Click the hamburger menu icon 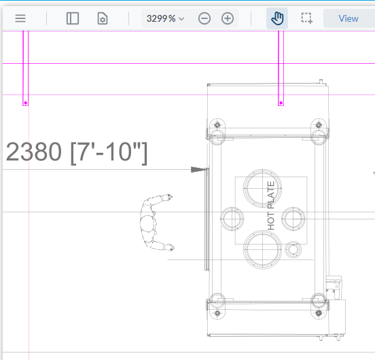click(x=20, y=18)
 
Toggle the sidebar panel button click(x=73, y=18)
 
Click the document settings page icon click(x=103, y=18)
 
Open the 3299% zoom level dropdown click(x=166, y=18)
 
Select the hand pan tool click(x=277, y=18)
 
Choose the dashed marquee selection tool click(x=307, y=18)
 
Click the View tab click(x=349, y=18)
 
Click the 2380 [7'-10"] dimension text click(x=77, y=153)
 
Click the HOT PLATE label click(x=271, y=206)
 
